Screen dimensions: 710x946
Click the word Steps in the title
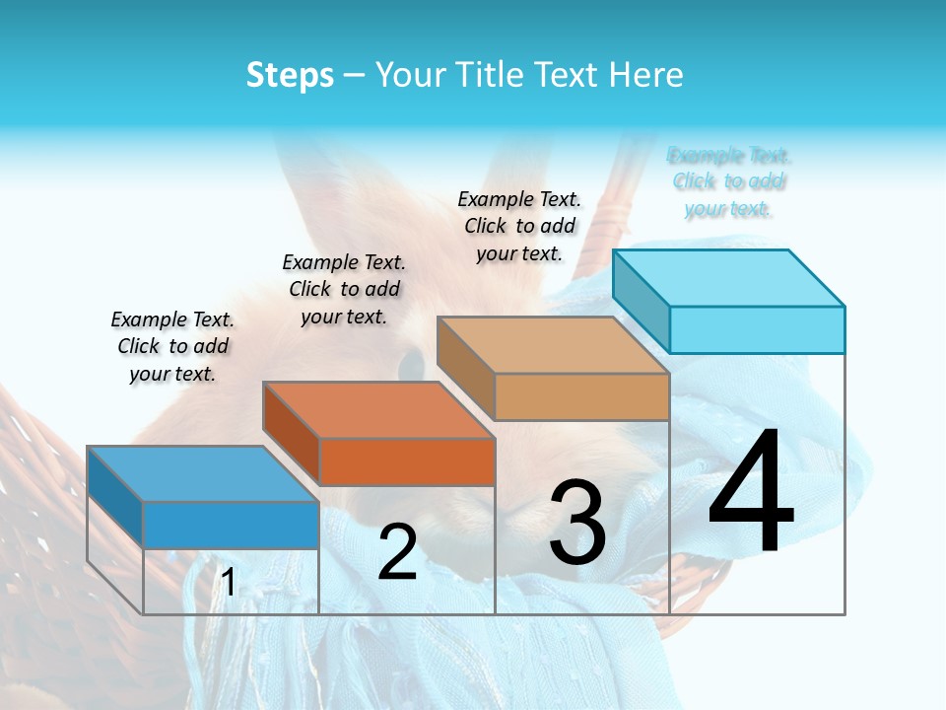coord(290,75)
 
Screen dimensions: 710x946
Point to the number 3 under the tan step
coord(577,523)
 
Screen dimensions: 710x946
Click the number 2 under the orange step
coord(397,552)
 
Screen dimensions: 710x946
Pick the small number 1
coord(228,583)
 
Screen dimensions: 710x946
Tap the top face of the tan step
coord(553,345)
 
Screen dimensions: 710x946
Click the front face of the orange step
coord(407,461)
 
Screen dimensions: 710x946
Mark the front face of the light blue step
coord(757,329)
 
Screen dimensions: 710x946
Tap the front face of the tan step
coord(581,396)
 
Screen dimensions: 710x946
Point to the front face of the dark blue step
coord(231,525)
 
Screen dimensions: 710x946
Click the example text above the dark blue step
coord(172,346)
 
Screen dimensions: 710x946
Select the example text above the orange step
coord(344,289)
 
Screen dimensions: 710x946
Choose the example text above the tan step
coord(519,226)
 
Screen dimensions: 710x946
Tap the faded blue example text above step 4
coord(728,181)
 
